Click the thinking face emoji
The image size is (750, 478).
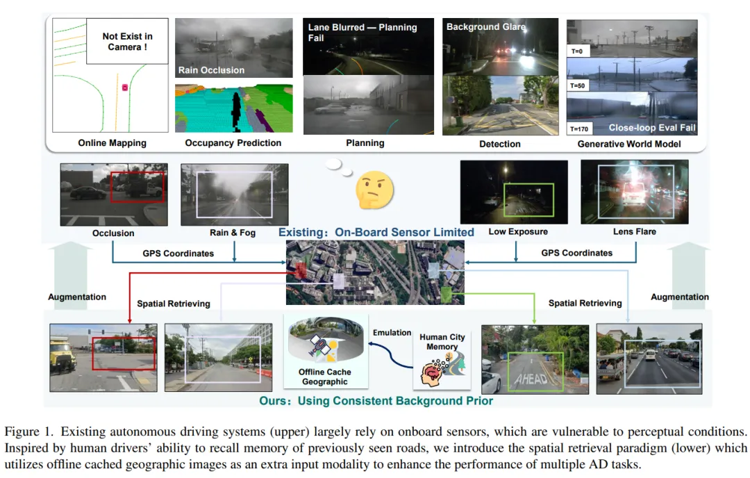click(374, 190)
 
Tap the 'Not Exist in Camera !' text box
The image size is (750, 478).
click(127, 41)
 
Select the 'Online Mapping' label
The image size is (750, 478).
click(112, 142)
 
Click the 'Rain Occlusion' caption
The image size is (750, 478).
click(211, 70)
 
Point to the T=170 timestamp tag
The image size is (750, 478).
click(578, 129)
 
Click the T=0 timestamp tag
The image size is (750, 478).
click(577, 51)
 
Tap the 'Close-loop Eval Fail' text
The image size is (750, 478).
click(651, 128)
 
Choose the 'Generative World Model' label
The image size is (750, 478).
click(629, 144)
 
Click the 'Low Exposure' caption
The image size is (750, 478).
click(518, 231)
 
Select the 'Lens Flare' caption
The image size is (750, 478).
click(634, 231)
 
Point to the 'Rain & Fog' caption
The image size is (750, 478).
click(233, 233)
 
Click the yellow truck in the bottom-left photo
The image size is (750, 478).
click(62, 356)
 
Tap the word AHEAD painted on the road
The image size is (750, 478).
click(532, 379)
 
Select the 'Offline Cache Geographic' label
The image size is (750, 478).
click(325, 377)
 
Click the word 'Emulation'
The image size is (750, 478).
click(392, 333)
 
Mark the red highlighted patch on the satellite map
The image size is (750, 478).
click(300, 270)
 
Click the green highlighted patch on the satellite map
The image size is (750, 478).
click(446, 293)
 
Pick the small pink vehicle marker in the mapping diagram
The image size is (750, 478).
click(125, 88)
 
